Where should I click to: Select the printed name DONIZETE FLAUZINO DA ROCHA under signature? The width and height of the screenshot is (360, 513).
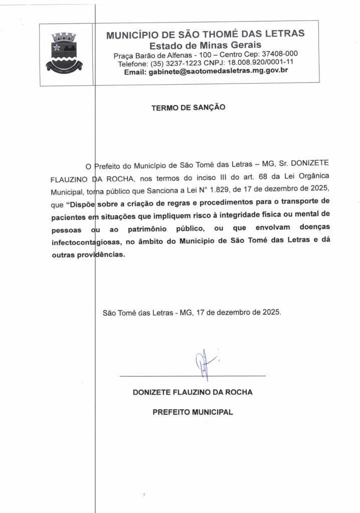[193, 392]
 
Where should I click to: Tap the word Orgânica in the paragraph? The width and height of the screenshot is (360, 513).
[301, 177]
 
